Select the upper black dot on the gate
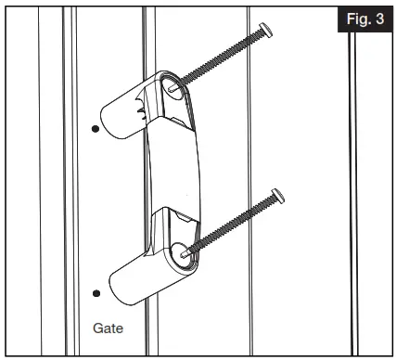pos(96,129)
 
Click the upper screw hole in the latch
pos(175,89)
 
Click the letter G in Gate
pos(96,328)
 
